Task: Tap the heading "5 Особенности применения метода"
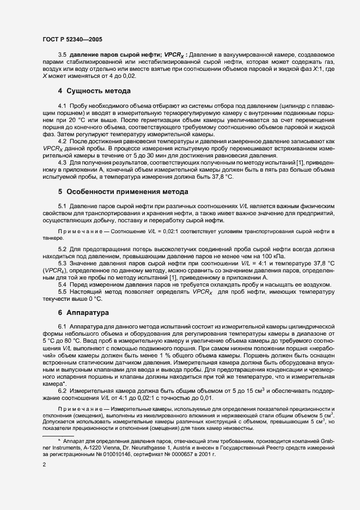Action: click(x=124, y=192)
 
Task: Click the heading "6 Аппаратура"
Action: click(x=83, y=313)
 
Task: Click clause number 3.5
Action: click(x=62, y=55)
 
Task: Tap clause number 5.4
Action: click(x=62, y=284)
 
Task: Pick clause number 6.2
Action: click(x=62, y=390)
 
